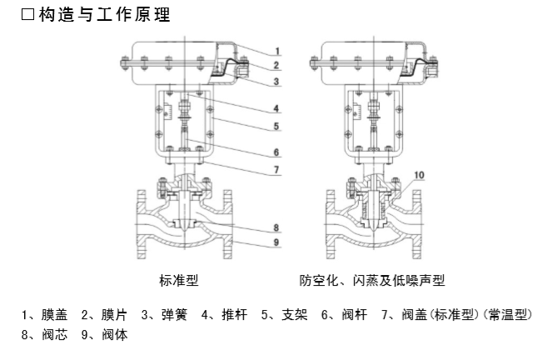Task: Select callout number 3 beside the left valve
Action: click(x=277, y=81)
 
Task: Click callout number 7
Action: click(x=277, y=170)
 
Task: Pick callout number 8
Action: click(x=277, y=227)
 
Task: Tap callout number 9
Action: click(x=277, y=242)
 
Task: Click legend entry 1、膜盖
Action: click(x=44, y=316)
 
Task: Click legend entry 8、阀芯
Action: click(x=44, y=334)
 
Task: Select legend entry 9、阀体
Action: click(x=103, y=334)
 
